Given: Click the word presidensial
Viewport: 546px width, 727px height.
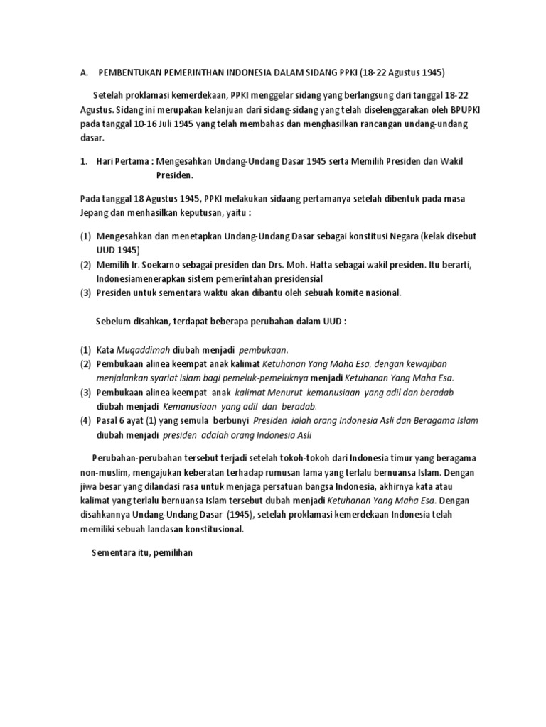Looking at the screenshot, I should [294, 278].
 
